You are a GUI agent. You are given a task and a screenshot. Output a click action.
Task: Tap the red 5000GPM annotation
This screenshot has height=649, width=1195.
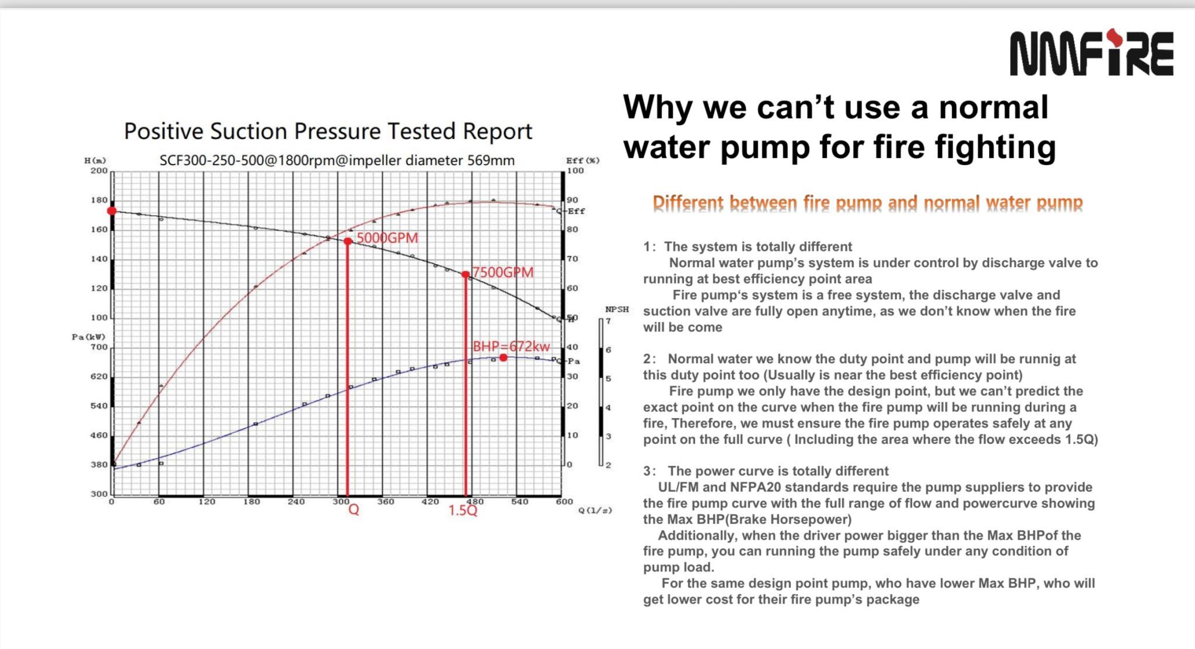(x=387, y=238)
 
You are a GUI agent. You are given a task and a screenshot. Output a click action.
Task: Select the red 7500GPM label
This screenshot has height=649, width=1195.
(x=502, y=272)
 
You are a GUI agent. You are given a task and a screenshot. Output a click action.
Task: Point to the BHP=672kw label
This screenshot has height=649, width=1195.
(x=511, y=346)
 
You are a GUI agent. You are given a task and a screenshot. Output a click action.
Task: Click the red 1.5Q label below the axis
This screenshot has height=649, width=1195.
(x=463, y=510)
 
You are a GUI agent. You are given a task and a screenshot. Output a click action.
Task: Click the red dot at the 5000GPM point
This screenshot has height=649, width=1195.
(x=348, y=241)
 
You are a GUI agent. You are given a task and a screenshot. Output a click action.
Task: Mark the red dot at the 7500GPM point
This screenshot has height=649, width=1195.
(x=466, y=275)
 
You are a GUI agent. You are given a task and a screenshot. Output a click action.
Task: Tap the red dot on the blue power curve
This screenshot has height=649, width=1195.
(x=504, y=357)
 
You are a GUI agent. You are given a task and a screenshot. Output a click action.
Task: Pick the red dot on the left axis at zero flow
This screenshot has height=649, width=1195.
(x=112, y=211)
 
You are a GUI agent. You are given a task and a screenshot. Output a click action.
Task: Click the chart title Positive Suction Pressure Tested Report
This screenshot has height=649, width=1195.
(x=328, y=131)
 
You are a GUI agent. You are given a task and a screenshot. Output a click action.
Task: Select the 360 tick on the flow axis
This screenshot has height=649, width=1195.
(x=386, y=501)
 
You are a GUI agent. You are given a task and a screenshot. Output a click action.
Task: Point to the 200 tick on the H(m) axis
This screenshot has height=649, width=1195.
(x=99, y=171)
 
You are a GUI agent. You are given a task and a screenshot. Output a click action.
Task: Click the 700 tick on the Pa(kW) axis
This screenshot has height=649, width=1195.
(x=99, y=347)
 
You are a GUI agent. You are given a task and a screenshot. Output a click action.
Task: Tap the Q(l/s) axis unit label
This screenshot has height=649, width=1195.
(x=595, y=510)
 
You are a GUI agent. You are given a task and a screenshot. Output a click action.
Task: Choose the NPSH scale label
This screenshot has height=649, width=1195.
(x=617, y=309)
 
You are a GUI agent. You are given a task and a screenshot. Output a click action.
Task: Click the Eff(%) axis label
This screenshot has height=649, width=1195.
(x=582, y=160)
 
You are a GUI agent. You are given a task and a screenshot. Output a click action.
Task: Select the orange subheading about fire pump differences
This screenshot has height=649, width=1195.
(x=868, y=203)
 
